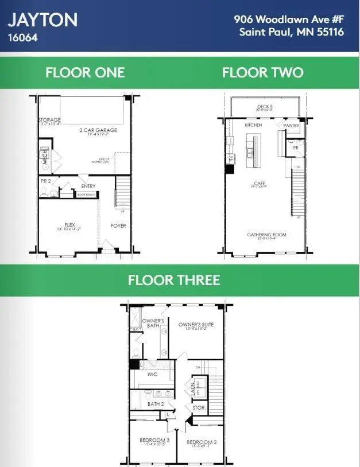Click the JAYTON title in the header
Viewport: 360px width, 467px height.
pyautogui.click(x=42, y=20)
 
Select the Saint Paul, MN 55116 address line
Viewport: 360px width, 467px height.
pyautogui.click(x=292, y=32)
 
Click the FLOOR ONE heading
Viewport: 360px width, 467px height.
pyautogui.click(x=85, y=73)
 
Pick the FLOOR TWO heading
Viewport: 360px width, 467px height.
pyautogui.click(x=263, y=73)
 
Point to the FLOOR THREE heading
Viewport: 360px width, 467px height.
pyautogui.click(x=174, y=280)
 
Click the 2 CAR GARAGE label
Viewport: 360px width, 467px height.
pyautogui.click(x=98, y=131)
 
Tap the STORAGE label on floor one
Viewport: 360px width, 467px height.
pyautogui.click(x=49, y=120)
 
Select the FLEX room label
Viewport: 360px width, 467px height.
pyautogui.click(x=69, y=225)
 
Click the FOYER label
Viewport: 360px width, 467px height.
pyautogui.click(x=118, y=225)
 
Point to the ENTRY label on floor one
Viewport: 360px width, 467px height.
pyautogui.click(x=88, y=186)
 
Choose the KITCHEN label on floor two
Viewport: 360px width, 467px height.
pyautogui.click(x=253, y=124)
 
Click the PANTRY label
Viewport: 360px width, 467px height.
pyautogui.click(x=292, y=124)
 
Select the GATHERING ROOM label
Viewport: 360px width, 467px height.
pyautogui.click(x=267, y=235)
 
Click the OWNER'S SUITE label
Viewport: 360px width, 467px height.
pyautogui.click(x=196, y=325)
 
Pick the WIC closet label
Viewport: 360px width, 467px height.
pyautogui.click(x=152, y=374)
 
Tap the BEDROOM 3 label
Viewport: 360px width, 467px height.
pyautogui.click(x=153, y=440)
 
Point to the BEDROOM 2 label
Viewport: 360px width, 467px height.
pyautogui.click(x=200, y=442)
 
